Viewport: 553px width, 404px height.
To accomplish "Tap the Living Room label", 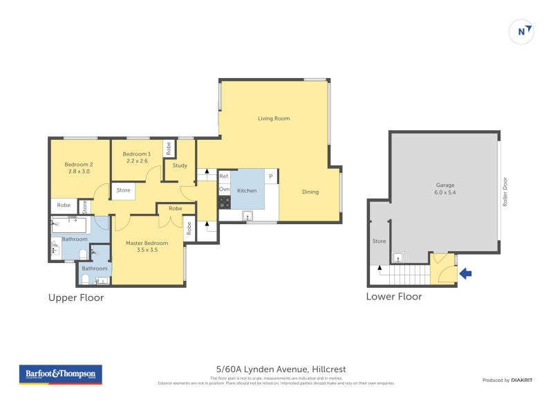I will pyautogui.click(x=274, y=118).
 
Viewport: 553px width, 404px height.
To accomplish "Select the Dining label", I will pyautogui.click(x=310, y=192).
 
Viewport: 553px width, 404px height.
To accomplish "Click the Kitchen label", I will pyautogui.click(x=247, y=191).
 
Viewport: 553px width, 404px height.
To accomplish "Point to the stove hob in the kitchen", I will pyautogui.click(x=225, y=202).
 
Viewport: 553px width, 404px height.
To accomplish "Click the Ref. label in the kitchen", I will pyautogui.click(x=224, y=176).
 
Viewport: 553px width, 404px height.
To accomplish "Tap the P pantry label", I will pyautogui.click(x=271, y=176).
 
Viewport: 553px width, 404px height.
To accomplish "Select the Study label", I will pyautogui.click(x=180, y=165).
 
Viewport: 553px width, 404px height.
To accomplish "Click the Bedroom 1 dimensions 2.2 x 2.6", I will pyautogui.click(x=136, y=160).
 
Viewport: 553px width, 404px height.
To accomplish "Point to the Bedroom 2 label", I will pyautogui.click(x=79, y=164).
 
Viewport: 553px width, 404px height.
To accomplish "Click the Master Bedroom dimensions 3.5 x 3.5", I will pyautogui.click(x=147, y=250).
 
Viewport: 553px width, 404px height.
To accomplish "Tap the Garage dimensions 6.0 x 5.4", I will pyautogui.click(x=445, y=192).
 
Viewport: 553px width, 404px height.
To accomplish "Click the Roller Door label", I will pyautogui.click(x=505, y=193).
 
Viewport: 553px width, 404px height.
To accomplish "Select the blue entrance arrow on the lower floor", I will pyautogui.click(x=466, y=274).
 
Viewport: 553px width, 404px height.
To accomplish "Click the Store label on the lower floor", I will pyautogui.click(x=379, y=241).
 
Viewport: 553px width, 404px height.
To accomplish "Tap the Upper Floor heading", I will pyautogui.click(x=75, y=297).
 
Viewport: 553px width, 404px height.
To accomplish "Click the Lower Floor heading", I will pyautogui.click(x=394, y=296).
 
